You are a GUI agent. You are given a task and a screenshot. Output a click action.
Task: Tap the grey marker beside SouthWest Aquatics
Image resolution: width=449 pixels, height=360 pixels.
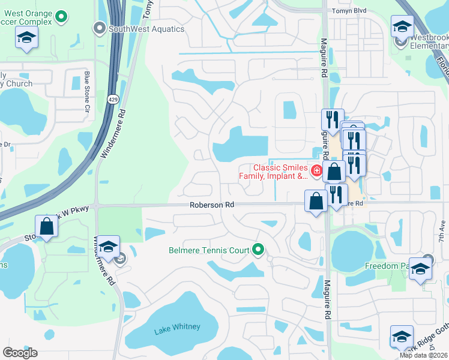[99, 28]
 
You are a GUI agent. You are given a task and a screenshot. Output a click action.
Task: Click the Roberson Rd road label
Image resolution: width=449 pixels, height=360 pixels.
[212, 205]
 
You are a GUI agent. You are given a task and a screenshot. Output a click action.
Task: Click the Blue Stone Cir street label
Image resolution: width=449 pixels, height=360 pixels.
[87, 94]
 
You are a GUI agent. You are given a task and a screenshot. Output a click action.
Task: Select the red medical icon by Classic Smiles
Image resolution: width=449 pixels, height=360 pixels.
[316, 169]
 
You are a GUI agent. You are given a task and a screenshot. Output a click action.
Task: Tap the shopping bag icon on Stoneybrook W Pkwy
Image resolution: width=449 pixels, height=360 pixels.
[47, 227]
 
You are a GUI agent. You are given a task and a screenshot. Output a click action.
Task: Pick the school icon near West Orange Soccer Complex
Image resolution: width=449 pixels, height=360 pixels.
[26, 38]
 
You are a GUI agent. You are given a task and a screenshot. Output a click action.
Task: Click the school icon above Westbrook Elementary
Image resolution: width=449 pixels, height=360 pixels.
[402, 26]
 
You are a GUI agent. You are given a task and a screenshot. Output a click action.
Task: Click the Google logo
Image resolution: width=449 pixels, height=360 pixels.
[20, 352]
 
